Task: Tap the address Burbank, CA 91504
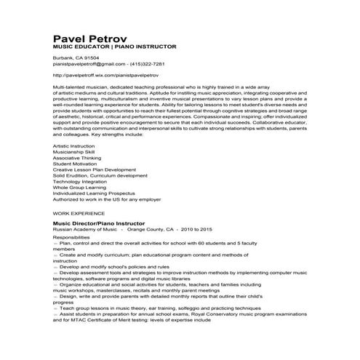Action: pos(76,57)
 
